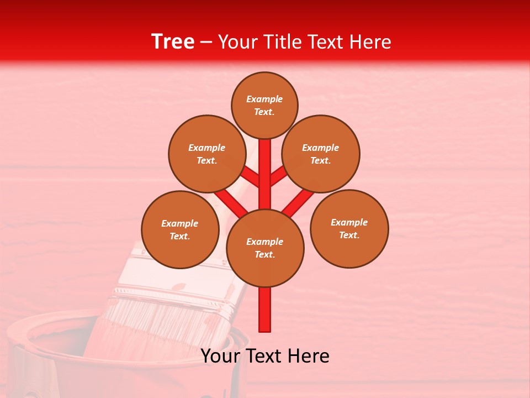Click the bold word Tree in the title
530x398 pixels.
[x=173, y=42]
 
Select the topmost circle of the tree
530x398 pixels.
[x=264, y=88]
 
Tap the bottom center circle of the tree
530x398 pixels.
[x=265, y=265]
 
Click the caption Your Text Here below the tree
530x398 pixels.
[x=265, y=356]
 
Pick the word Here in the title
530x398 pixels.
[x=372, y=42]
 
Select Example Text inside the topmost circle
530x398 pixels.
[x=264, y=105]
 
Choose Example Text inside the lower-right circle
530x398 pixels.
[x=349, y=229]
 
